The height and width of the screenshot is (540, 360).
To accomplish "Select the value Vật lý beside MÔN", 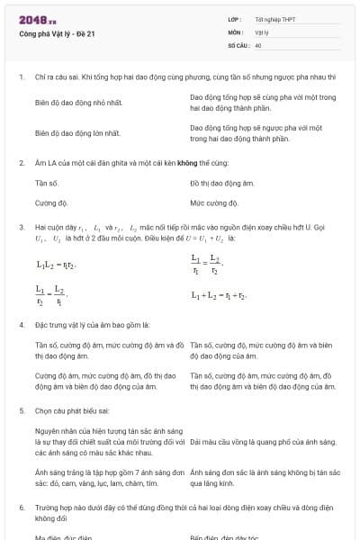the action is (x=261, y=31).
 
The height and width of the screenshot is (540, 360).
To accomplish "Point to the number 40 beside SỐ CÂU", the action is (x=258, y=44).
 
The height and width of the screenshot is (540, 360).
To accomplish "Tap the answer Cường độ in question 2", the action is (x=51, y=203).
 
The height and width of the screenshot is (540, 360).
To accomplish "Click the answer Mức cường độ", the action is (x=214, y=203).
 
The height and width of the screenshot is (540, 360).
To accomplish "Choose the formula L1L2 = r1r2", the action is (x=56, y=265).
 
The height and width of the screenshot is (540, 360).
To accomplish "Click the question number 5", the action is (x=21, y=410).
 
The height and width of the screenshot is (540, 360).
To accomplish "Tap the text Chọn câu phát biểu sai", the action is (x=76, y=410).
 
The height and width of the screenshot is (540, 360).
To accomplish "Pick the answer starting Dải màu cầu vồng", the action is (x=263, y=442).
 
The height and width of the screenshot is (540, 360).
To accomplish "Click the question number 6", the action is (x=21, y=508).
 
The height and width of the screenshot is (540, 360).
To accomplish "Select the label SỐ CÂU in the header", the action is (x=238, y=44).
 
